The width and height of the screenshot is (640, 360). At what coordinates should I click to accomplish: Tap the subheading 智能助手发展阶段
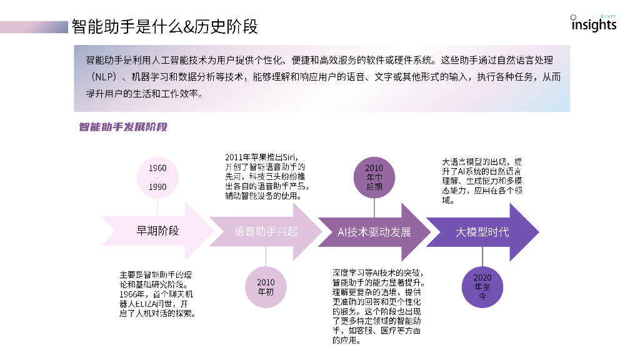pos(122,127)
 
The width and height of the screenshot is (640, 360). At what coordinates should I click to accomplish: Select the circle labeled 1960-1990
pos(157,177)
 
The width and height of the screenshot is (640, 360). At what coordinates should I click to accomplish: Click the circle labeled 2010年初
pos(266,286)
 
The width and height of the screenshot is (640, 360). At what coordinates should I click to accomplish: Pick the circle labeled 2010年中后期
pos(374,177)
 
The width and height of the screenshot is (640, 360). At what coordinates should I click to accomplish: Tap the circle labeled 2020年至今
pos(482,286)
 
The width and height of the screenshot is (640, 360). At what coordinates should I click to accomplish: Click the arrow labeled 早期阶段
pos(157,231)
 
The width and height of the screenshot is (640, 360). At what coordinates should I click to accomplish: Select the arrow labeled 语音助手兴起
pos(266,231)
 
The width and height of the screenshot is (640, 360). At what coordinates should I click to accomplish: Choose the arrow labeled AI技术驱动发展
pos(374,231)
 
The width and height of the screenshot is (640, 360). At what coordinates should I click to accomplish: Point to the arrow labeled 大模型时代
pos(482,231)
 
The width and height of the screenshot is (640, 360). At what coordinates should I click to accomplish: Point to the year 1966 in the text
pos(130,294)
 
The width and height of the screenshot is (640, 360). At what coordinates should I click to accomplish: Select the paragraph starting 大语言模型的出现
pos(482,181)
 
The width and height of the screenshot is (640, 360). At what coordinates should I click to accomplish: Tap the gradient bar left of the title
pos(34,27)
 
